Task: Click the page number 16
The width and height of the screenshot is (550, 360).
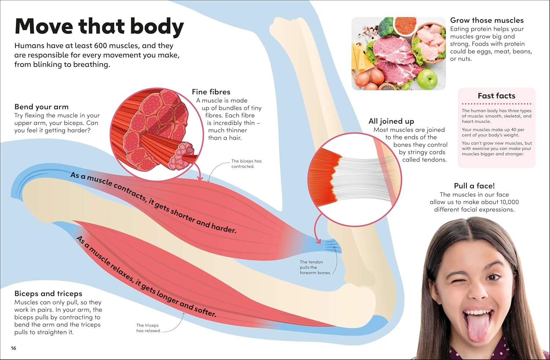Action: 14,348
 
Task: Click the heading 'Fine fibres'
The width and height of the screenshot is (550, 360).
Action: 211,92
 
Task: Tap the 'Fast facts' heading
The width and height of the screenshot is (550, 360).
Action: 496,96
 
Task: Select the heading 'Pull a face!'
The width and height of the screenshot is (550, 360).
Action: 474,186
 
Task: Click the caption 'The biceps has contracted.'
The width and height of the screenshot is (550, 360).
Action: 246,164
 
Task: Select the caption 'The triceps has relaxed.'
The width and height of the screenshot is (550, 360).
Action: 148,328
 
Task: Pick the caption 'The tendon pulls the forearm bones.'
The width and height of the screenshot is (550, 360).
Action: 315,268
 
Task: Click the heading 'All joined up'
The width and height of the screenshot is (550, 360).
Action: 391,121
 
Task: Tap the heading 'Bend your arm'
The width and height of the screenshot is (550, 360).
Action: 41,107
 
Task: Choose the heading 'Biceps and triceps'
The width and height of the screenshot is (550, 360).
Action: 48,294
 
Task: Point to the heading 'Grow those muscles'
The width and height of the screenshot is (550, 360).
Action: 487,21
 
